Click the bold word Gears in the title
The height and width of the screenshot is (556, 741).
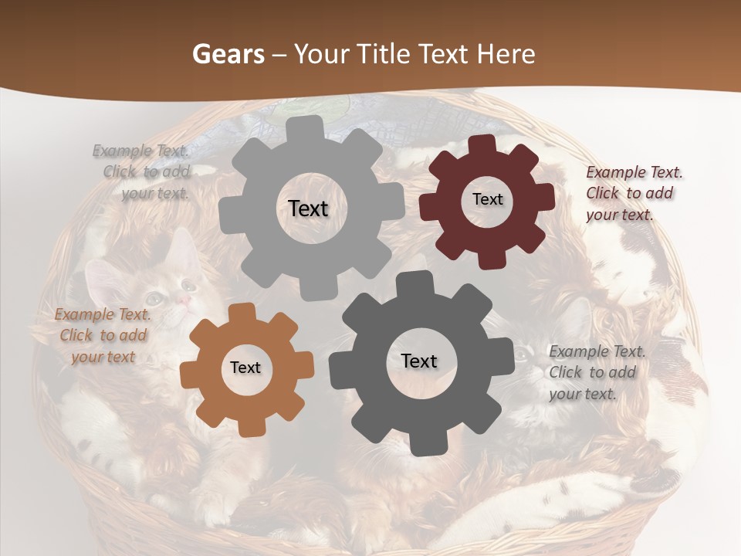point(228,54)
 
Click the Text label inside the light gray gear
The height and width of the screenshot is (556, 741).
point(308,208)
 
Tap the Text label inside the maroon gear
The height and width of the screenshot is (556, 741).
point(488,199)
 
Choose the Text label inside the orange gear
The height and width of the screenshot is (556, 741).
point(245,368)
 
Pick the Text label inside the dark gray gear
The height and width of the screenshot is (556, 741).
point(419,361)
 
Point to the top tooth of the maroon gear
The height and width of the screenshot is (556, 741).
point(482,144)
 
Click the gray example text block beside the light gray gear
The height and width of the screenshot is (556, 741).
point(144,172)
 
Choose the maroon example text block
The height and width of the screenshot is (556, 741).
point(634,194)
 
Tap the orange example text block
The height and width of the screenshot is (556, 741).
point(103,335)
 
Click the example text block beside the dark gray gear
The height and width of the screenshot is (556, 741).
point(597,372)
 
